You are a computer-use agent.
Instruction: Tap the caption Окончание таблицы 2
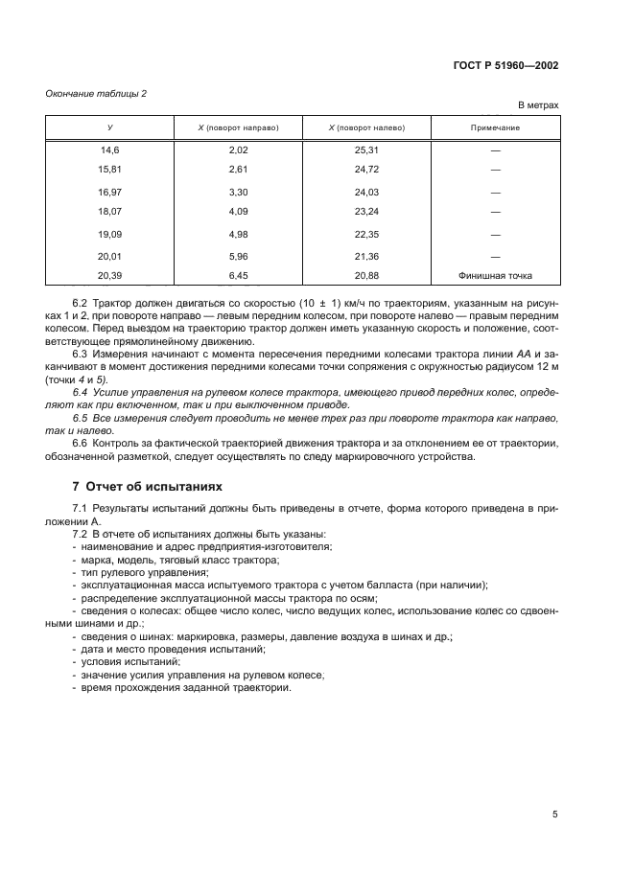point(96,93)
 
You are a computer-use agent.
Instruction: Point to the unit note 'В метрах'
point(538,104)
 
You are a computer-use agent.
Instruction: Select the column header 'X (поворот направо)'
point(238,127)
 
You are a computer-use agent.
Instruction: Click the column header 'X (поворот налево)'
point(366,127)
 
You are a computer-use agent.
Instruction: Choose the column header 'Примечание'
point(495,127)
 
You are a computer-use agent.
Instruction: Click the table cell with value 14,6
point(109,150)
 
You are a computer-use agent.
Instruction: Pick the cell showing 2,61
point(238,169)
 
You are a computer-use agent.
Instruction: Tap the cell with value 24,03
point(366,192)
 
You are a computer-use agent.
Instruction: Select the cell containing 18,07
point(109,210)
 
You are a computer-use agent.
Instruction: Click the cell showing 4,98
point(238,233)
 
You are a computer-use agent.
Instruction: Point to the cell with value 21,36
point(366,256)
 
